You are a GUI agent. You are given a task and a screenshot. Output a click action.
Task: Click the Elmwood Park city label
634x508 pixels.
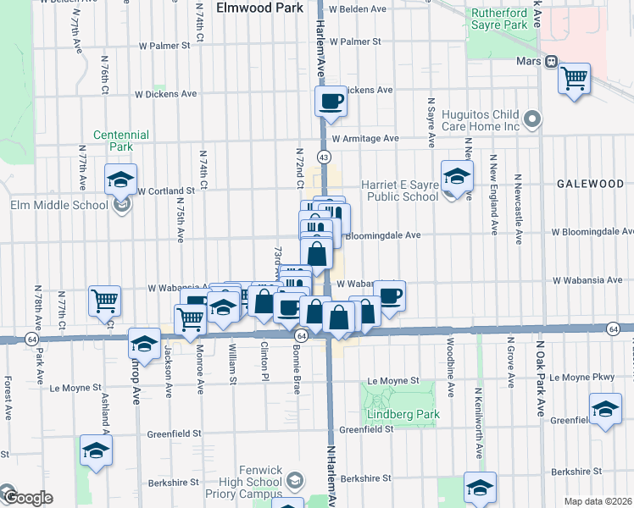[x=259, y=8]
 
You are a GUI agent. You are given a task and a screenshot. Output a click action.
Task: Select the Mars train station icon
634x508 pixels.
[x=550, y=61]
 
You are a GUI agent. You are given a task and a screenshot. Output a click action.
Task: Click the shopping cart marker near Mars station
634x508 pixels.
[x=575, y=79]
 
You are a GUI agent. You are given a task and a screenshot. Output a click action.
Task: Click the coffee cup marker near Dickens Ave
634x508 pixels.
[x=331, y=102]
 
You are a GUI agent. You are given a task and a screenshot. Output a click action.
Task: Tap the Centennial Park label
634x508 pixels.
[x=121, y=140]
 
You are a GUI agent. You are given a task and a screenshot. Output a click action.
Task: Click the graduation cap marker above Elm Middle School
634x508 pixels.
[x=120, y=179]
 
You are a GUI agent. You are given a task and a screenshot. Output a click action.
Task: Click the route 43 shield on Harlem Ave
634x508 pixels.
[x=324, y=157]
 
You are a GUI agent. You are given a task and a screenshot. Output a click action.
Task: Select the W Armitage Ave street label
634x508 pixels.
[x=365, y=139]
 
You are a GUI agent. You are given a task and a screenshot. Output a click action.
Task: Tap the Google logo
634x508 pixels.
[x=26, y=498]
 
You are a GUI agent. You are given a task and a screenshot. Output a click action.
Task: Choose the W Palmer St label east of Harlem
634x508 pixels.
[x=356, y=41]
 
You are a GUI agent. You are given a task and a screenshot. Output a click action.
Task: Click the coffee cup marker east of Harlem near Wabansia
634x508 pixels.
[x=390, y=296]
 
